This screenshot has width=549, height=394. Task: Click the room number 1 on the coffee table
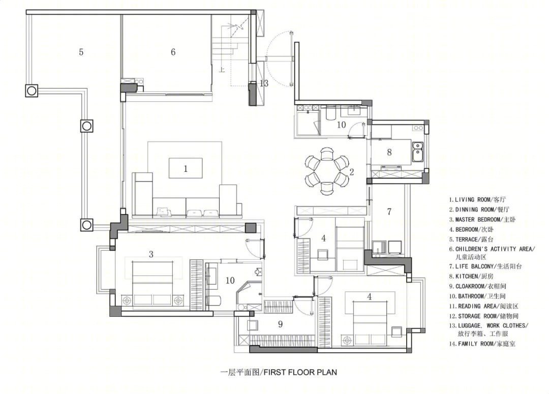pyautogui.click(x=186, y=169)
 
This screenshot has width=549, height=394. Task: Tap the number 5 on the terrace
pyautogui.click(x=81, y=52)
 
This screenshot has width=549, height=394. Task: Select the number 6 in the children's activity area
pyautogui.click(x=173, y=52)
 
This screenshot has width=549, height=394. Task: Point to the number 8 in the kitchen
pyautogui.click(x=389, y=153)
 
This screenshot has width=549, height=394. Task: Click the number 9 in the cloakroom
pyautogui.click(x=280, y=324)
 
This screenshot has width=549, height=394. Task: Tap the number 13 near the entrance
pyautogui.click(x=264, y=83)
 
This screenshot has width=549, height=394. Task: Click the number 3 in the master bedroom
pyautogui.click(x=151, y=254)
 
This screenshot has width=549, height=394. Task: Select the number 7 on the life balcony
pyautogui.click(x=389, y=211)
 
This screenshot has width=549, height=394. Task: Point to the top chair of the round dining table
pyautogui.click(x=327, y=154)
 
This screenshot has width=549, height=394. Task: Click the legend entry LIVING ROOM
pyautogui.click(x=477, y=200)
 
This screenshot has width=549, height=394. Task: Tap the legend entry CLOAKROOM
pyautogui.click(x=477, y=286)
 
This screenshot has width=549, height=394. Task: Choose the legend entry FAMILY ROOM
pyautogui.click(x=482, y=344)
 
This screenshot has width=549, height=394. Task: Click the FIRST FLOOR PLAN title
pyautogui.click(x=279, y=372)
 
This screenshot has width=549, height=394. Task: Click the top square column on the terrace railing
pyautogui.click(x=32, y=90)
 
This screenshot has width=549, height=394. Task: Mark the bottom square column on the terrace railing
pyautogui.click(x=87, y=225)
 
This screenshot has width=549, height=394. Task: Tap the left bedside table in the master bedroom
pyautogui.click(x=127, y=300)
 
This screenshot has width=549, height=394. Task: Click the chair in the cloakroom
pyautogui.click(x=253, y=325)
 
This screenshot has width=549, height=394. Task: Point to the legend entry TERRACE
pyautogui.click(x=471, y=239)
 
